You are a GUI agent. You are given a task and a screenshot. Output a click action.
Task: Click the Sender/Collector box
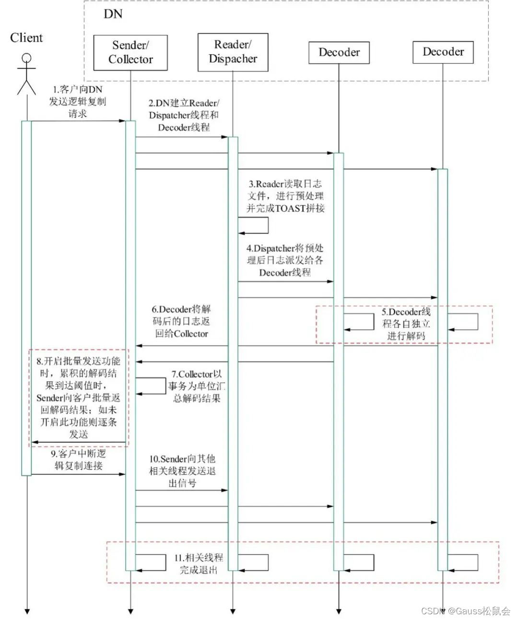coord(130,53)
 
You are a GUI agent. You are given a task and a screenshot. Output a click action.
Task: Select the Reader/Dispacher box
coord(233,52)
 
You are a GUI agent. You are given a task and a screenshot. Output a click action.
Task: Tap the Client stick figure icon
coord(26,74)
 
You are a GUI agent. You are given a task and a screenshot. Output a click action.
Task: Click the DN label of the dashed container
coord(113,14)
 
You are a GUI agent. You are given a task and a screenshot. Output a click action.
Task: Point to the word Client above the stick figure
coord(26,38)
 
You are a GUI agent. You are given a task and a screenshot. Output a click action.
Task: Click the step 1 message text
coord(77,102)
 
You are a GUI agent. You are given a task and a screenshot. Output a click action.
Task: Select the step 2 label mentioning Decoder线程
coord(184,115)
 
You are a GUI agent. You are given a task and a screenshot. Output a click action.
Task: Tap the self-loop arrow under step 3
coord(254,225)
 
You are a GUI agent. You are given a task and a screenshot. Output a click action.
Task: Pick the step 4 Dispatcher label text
coord(285,260)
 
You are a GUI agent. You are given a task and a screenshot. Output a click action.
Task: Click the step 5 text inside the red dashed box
coord(406,324)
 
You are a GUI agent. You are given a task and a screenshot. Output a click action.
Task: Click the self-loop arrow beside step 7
coord(152,386)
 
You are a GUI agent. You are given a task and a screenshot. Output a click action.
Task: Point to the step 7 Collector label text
coord(197,386)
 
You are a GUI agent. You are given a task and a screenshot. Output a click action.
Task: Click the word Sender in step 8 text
coord(50,398)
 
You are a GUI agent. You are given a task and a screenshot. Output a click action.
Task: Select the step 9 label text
coord(78,459)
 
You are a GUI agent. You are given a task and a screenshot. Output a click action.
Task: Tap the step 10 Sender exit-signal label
coord(182,471)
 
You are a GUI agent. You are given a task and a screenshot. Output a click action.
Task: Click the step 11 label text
coord(199,563)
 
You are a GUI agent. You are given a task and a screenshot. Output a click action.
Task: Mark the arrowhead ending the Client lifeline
coord(27,611)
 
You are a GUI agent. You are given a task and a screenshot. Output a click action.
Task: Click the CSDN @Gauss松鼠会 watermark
coord(465,610)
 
